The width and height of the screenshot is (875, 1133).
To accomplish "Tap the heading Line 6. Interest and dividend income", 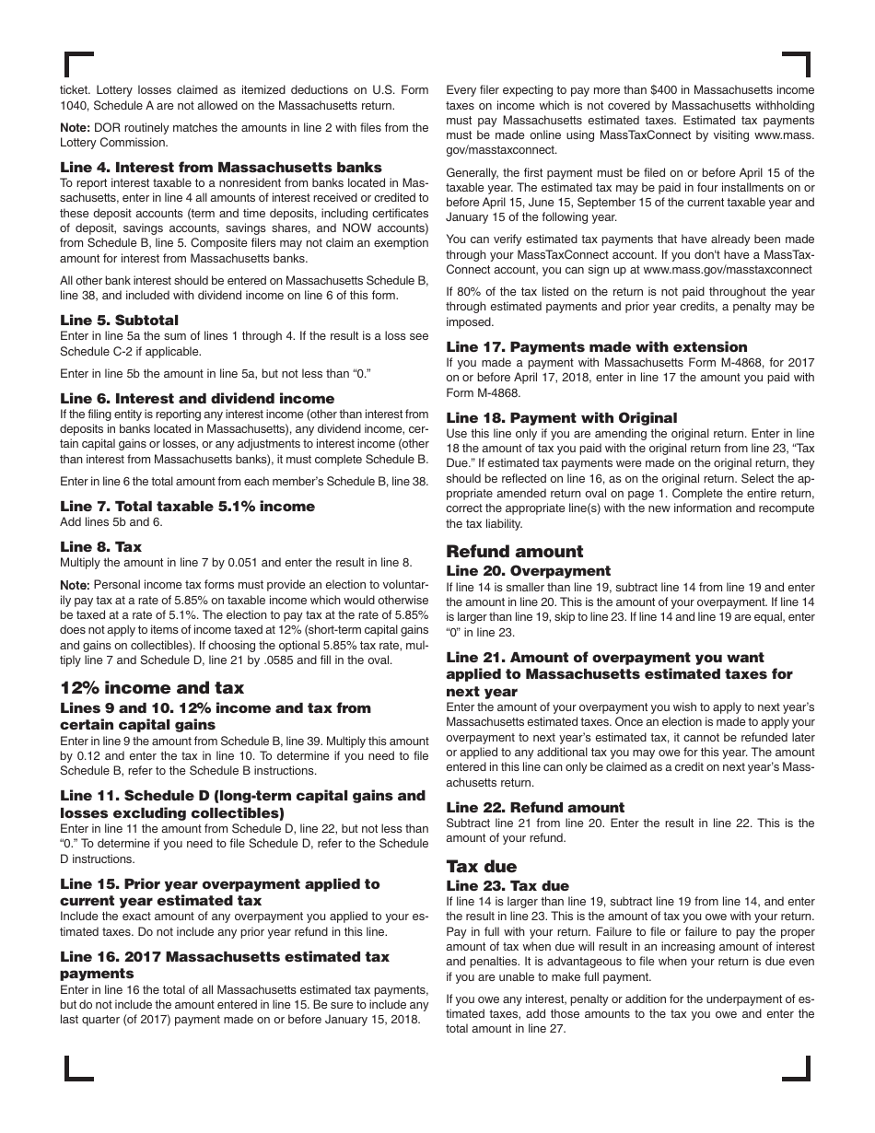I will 197,399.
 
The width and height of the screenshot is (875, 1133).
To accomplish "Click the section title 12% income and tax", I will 152,688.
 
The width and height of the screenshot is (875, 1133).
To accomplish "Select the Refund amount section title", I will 514,552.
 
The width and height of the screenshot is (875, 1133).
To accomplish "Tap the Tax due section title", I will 481,867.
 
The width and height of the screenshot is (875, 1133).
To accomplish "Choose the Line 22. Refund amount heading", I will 535,808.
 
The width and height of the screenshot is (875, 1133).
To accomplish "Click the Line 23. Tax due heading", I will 507,886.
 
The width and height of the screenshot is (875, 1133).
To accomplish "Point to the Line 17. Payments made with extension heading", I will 597,347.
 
